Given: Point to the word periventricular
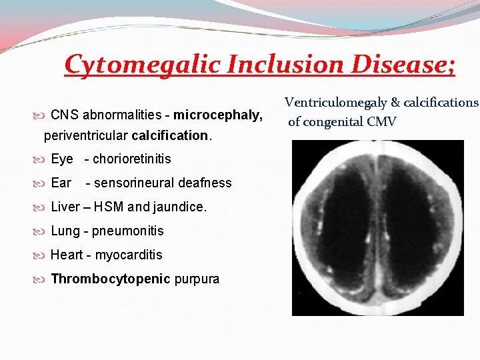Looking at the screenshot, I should (86, 136).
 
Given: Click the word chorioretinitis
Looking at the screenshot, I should (132, 159).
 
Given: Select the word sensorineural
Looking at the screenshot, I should (131, 183).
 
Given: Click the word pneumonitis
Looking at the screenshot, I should (128, 231).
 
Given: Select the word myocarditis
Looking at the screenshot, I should (129, 255).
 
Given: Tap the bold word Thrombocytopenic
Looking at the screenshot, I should (111, 279).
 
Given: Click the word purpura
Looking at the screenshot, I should (197, 279).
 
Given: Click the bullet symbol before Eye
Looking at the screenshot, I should (44, 159).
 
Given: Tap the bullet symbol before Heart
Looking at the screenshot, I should (44, 255).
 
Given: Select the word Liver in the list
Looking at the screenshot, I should (65, 207).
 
